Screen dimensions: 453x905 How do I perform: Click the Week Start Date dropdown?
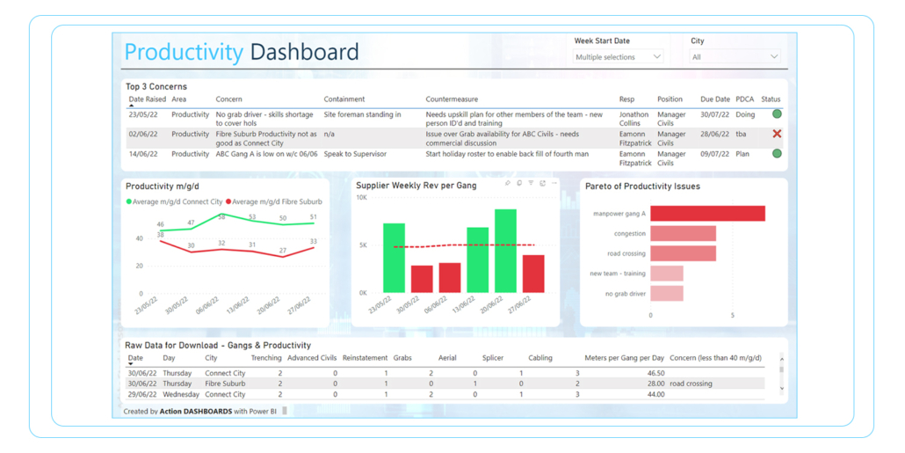click(x=618, y=57)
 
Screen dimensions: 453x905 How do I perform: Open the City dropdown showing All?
click(x=735, y=57)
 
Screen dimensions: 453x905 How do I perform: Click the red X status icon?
click(x=777, y=134)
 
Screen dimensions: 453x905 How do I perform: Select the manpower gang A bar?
click(x=707, y=214)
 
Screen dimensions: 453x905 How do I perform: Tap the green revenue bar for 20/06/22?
click(x=505, y=251)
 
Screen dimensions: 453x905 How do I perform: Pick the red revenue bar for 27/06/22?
click(x=533, y=274)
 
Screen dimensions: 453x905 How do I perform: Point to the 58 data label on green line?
click(x=221, y=216)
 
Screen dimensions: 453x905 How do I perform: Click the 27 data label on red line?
click(x=282, y=251)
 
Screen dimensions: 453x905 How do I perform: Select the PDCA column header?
click(x=744, y=99)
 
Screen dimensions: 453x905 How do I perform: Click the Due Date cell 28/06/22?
click(x=715, y=134)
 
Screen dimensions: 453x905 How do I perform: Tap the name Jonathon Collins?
click(x=633, y=119)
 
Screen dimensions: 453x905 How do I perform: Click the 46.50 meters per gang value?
click(x=655, y=373)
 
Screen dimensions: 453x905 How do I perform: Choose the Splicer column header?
click(x=494, y=358)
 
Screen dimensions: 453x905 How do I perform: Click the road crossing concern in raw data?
click(x=691, y=384)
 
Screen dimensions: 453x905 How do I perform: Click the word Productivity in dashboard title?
click(x=183, y=52)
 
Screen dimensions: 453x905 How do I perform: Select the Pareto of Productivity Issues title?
click(x=642, y=186)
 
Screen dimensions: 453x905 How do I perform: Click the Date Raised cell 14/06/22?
click(x=141, y=154)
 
